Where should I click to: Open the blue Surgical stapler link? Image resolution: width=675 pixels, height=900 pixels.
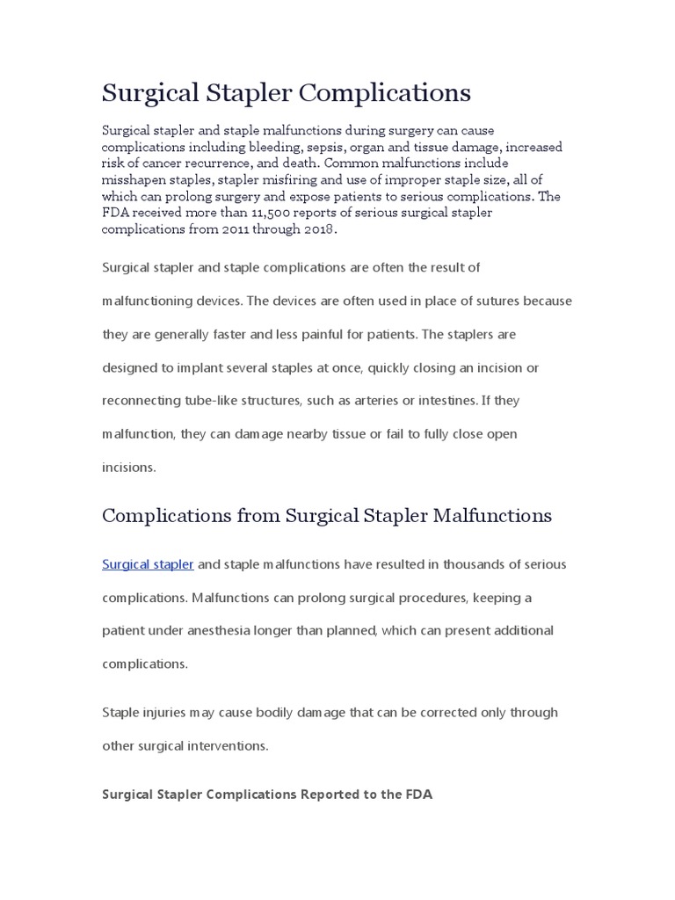[x=148, y=564]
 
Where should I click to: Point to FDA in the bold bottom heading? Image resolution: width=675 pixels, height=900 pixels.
[x=418, y=795]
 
